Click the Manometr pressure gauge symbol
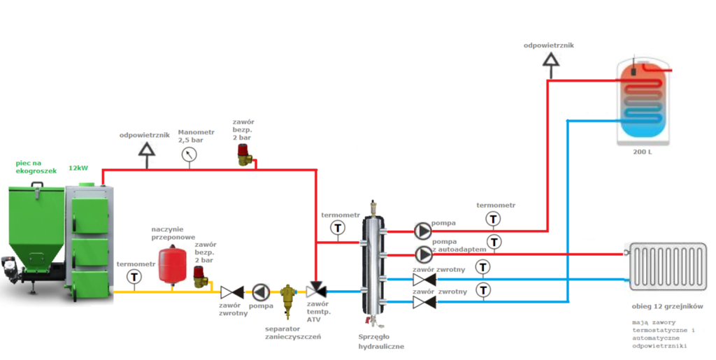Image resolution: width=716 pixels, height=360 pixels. tap(188, 156)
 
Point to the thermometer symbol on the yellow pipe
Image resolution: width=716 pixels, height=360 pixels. tap(134, 277)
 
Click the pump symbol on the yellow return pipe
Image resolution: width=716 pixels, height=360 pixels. tap(260, 291)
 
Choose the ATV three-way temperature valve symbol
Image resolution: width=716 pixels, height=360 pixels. tap(316, 291)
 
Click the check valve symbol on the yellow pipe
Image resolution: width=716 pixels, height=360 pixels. tap(231, 291)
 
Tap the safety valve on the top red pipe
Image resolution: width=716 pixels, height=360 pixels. tap(245, 154)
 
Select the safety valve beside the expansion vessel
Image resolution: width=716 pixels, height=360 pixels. tap(200, 278)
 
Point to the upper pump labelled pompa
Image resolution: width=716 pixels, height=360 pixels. tap(423, 231)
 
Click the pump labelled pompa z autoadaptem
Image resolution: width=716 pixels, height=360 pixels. tap(423, 254)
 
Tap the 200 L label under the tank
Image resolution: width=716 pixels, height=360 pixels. tap(643, 151)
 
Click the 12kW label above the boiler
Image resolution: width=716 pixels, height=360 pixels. tap(78, 168)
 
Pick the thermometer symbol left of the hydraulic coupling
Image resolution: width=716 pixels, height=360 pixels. tap(338, 228)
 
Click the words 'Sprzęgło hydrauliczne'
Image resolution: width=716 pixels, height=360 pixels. tap(377, 341)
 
